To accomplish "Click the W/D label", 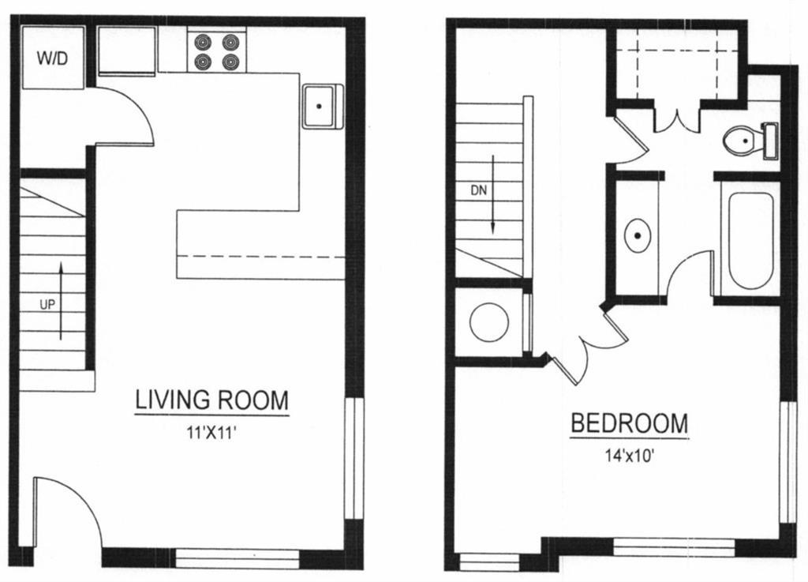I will tap(53, 58).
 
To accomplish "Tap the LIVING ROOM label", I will tap(212, 400).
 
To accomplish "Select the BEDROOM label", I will tap(629, 423).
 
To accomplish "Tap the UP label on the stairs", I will tap(47, 304).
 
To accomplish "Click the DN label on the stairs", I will tap(479, 190).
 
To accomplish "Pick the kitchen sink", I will tap(322, 105).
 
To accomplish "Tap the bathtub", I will tap(750, 239).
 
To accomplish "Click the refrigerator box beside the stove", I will tap(126, 51).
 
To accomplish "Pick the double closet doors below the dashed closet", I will tap(678, 116).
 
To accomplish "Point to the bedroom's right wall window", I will tap(787, 462).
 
